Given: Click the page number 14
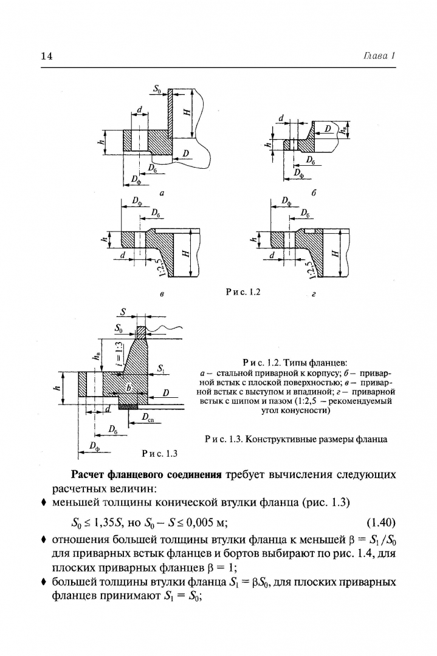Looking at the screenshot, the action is [x=47, y=56].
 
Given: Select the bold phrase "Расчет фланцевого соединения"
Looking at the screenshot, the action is [x=146, y=475].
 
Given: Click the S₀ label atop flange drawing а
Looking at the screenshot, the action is [x=157, y=88].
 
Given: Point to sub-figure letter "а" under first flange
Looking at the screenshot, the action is [x=162, y=193].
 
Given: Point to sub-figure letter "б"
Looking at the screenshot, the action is [x=314, y=193].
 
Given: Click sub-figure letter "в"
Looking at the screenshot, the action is [x=162, y=294].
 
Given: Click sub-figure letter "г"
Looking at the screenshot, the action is [x=314, y=294].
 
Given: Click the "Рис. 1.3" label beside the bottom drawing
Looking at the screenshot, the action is [x=159, y=454].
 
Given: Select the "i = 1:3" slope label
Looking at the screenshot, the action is [x=120, y=354].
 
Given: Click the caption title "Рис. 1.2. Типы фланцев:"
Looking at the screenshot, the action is [x=295, y=362].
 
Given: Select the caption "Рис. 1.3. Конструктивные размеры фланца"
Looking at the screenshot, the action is [x=296, y=439].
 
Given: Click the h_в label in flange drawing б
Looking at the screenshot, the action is [x=343, y=130].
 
